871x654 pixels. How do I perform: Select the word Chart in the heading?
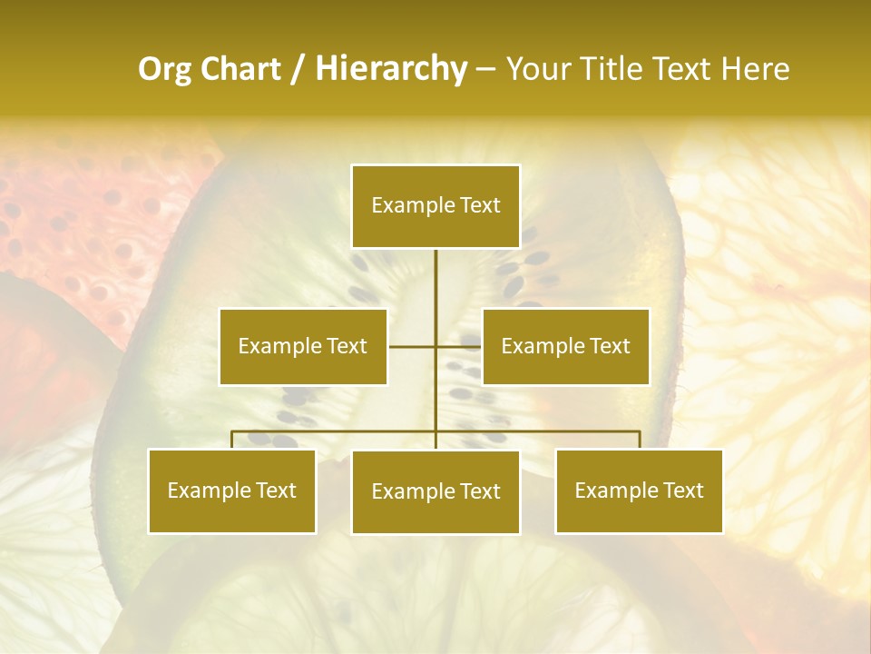[x=234, y=69]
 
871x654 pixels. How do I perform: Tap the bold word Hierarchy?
[x=390, y=69]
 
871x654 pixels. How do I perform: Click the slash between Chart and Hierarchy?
[x=298, y=69]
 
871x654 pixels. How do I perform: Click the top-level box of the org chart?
[x=435, y=206]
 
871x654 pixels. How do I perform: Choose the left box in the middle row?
[x=303, y=346]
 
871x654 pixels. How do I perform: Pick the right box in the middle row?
[x=565, y=346]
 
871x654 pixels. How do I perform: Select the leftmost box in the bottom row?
[x=232, y=490]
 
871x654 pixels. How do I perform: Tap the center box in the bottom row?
[x=435, y=491]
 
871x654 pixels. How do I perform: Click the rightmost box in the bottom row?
[x=639, y=490]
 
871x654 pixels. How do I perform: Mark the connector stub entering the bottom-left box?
[x=232, y=440]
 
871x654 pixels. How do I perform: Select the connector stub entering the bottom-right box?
[x=639, y=440]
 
